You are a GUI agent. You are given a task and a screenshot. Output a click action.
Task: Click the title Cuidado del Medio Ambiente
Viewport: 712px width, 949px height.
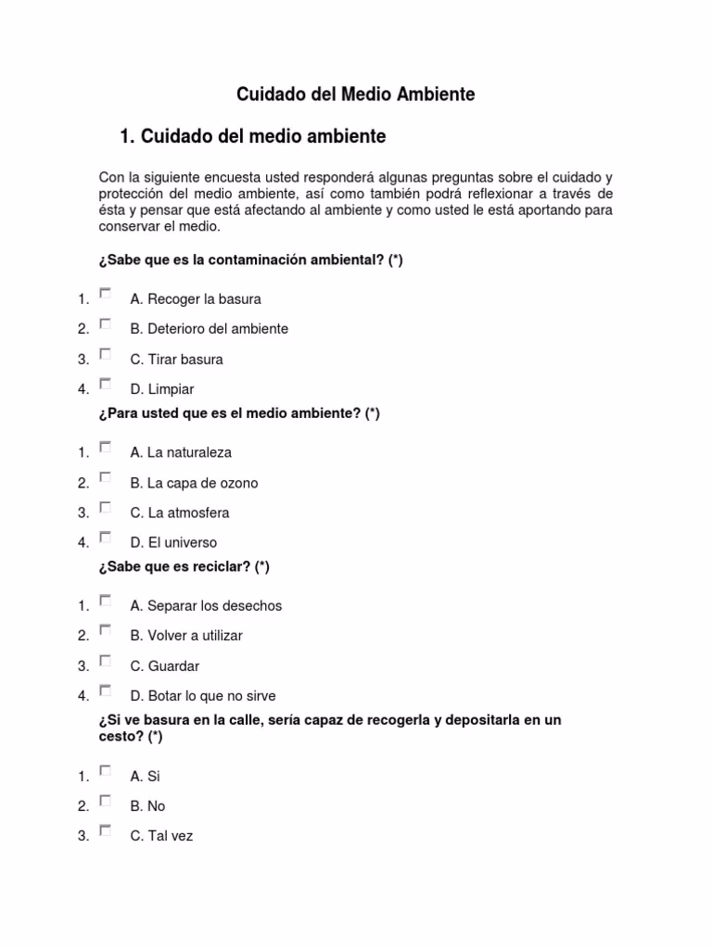coord(356,95)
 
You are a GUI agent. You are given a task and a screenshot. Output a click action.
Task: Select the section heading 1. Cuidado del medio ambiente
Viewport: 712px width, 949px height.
coord(253,137)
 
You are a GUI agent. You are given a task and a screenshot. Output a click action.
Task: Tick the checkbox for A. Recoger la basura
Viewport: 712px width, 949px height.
coord(106,294)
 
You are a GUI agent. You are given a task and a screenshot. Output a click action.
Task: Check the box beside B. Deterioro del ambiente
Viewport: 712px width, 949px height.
coord(106,323)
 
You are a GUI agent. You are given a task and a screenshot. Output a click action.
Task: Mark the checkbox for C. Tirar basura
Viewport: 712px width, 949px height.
coord(106,354)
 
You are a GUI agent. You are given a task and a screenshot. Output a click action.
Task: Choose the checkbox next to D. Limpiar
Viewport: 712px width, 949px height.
coord(106,384)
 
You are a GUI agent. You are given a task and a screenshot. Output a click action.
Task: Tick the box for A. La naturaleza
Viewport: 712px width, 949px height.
coord(106,448)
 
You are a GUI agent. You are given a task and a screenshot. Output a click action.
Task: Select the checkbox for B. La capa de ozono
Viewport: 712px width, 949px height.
coord(106,477)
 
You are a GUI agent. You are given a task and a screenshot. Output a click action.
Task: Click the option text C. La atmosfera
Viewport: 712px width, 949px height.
coord(180,512)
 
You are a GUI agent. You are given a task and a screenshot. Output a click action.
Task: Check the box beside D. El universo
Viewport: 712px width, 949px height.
coord(106,538)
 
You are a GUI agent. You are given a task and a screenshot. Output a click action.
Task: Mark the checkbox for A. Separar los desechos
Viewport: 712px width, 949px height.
coord(106,601)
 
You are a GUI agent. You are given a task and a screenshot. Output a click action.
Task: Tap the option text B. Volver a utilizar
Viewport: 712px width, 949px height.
coord(186,636)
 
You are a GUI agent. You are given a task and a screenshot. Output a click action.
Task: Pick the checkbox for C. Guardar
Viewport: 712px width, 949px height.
coord(106,661)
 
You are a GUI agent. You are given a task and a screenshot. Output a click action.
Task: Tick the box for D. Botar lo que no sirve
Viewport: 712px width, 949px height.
coord(106,690)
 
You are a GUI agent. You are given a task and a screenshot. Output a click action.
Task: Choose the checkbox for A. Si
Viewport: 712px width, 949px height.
coord(106,771)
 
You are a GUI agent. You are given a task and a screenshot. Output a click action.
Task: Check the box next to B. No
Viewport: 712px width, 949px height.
coord(106,801)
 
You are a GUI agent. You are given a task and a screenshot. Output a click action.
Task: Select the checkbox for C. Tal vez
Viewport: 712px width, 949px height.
coord(106,830)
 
